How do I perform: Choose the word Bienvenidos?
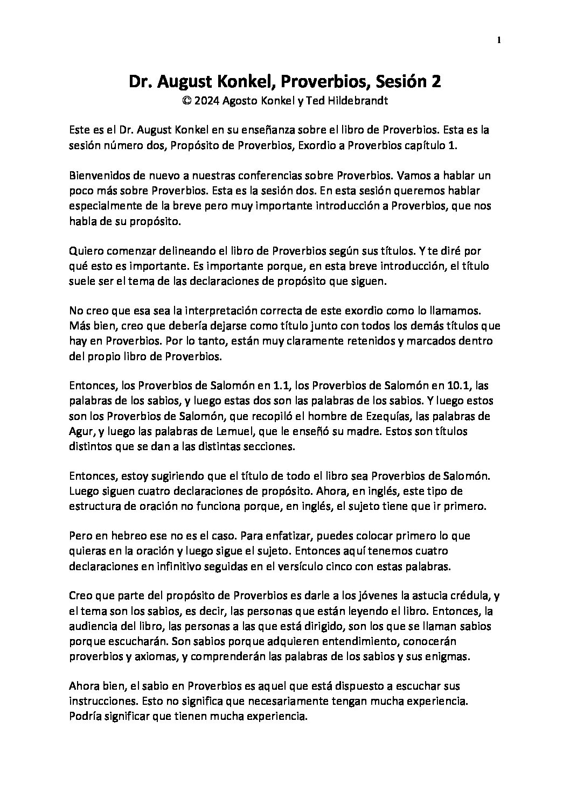(x=98, y=175)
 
